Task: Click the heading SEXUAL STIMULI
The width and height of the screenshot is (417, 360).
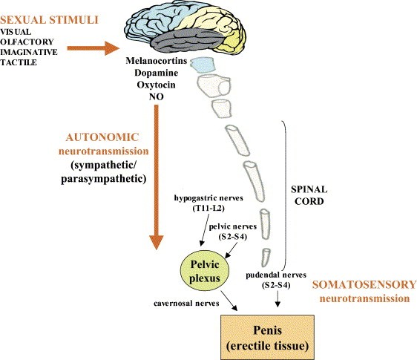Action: [x=50, y=20]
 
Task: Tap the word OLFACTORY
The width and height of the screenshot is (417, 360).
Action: [x=27, y=42]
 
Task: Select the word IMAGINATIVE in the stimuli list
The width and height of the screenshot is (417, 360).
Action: [x=29, y=52]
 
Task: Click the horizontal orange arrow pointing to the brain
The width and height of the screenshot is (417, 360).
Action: [x=93, y=48]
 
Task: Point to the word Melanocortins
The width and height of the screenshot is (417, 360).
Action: [x=157, y=61]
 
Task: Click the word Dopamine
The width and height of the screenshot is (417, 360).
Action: [x=157, y=73]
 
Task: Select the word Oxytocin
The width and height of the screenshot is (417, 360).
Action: [x=157, y=85]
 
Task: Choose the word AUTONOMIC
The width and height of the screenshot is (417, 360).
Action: [x=102, y=137]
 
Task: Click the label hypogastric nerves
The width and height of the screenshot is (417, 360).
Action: [x=208, y=198]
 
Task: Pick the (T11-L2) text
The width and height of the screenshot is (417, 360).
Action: [x=208, y=209]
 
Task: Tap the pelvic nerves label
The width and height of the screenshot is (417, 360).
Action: [x=233, y=226]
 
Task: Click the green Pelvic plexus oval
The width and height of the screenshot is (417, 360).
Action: [x=205, y=272]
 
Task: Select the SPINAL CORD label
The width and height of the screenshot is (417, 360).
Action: [x=309, y=195]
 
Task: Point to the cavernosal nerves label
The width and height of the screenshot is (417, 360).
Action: [x=186, y=304]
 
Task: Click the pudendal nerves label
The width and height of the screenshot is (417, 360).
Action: [x=276, y=275]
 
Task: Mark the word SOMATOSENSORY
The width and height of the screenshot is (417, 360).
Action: [x=364, y=284]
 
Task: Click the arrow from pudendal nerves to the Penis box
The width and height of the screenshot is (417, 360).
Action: [x=278, y=299]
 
